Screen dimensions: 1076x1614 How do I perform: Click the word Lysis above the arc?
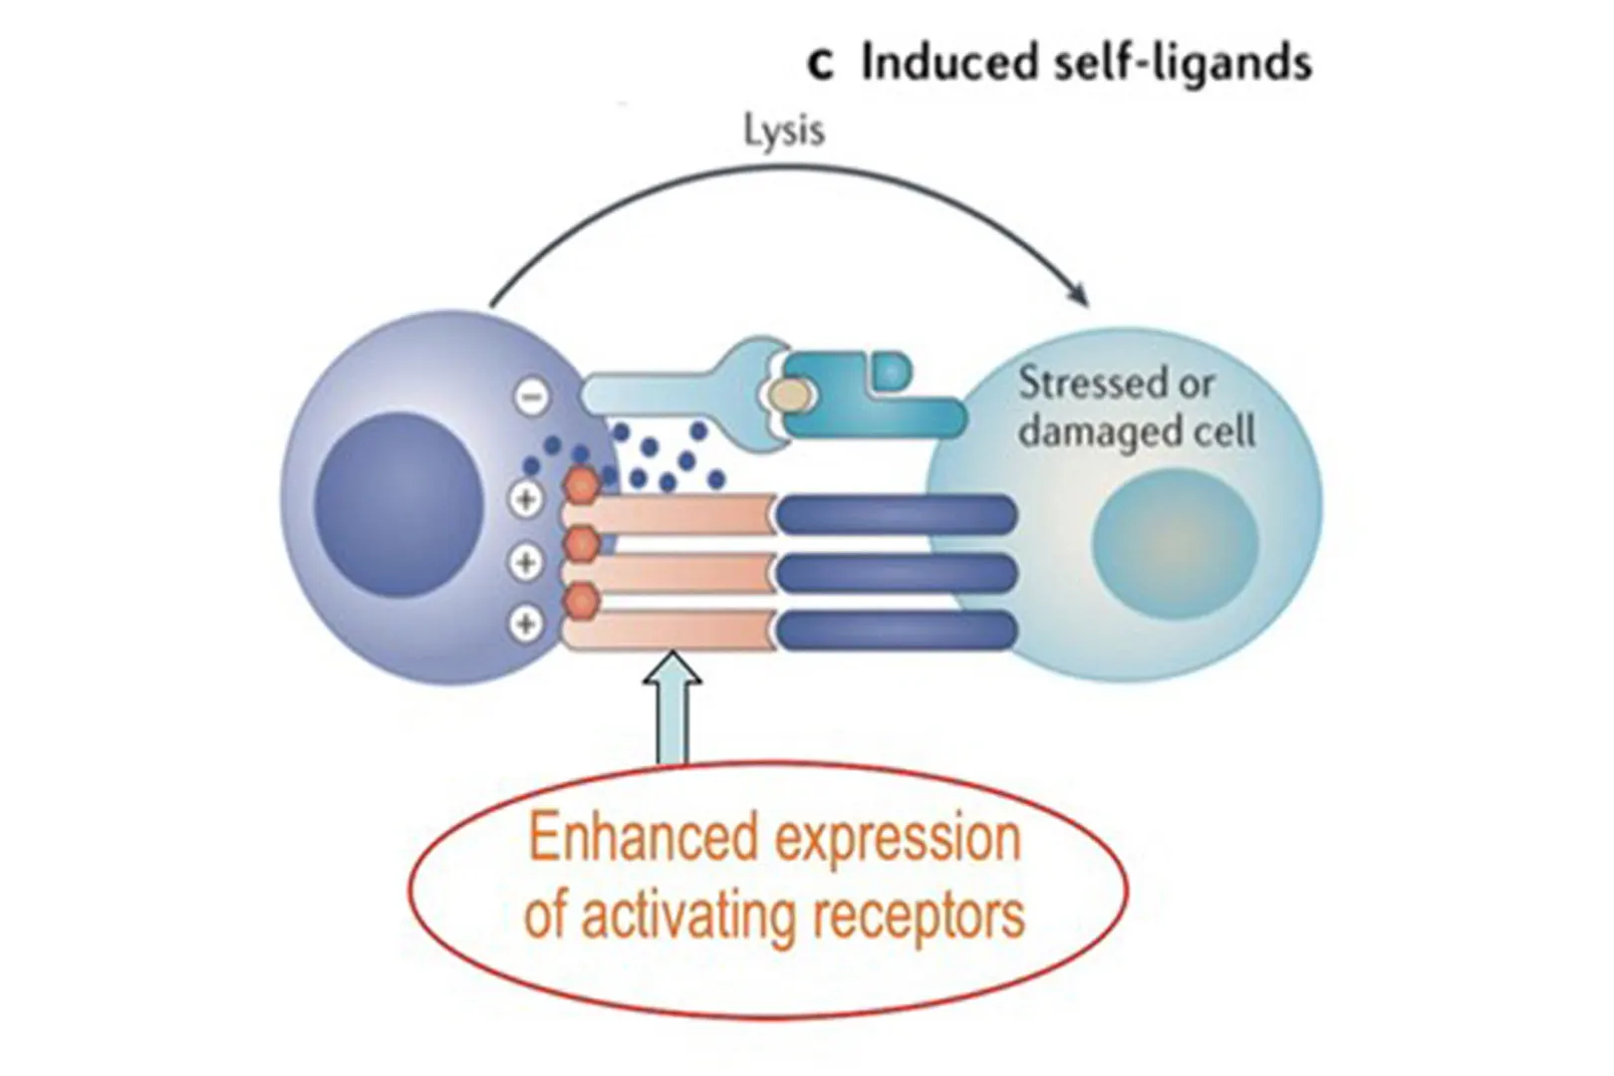pos(784,131)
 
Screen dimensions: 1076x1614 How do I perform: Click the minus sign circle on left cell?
pos(531,398)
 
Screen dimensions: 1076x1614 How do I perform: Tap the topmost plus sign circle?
pos(526,498)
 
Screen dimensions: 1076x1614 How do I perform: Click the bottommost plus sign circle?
pos(526,624)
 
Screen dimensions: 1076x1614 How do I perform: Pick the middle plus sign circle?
pos(526,562)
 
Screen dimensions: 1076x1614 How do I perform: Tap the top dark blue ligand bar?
pos(896,514)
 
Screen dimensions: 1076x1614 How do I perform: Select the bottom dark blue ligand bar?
pos(896,630)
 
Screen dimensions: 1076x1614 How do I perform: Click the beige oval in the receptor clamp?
pos(791,397)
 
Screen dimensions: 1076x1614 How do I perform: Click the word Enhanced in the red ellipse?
pos(642,839)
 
